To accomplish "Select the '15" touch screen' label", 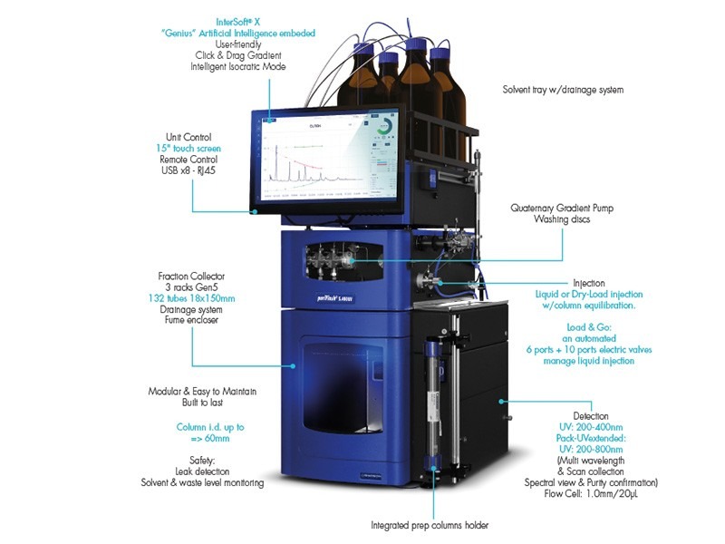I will pos(188,148).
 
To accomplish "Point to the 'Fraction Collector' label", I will pos(191,276).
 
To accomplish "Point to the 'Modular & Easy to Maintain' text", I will pos(202,392).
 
